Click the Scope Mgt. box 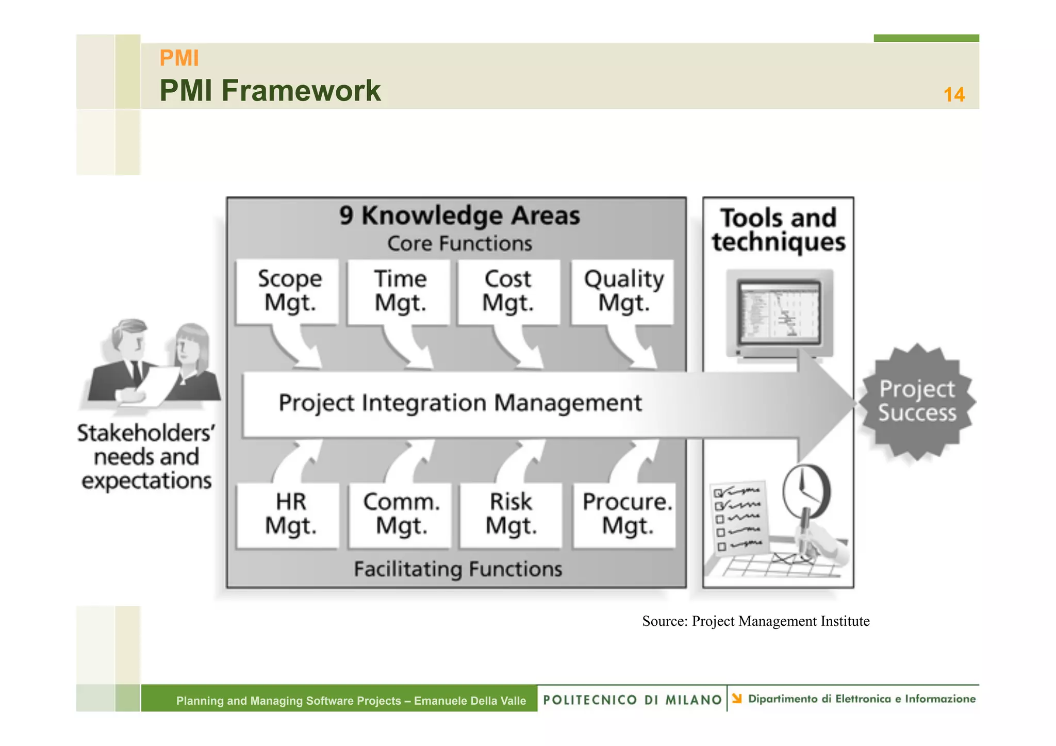pos(288,292)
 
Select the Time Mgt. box pos(399,292)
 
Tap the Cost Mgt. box pos(508,292)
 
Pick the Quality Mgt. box pos(623,292)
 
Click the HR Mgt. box pos(289,515)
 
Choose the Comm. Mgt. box pos(400,515)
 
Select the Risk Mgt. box pos(510,515)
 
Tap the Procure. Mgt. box pos(625,515)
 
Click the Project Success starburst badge pos(917,402)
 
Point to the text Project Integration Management pos(460,403)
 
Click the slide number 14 pos(954,95)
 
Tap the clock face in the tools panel pos(805,490)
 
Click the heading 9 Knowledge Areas pos(459,215)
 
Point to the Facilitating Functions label pos(458,569)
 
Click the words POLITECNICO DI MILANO pos(633,700)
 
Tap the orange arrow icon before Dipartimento pos(737,699)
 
